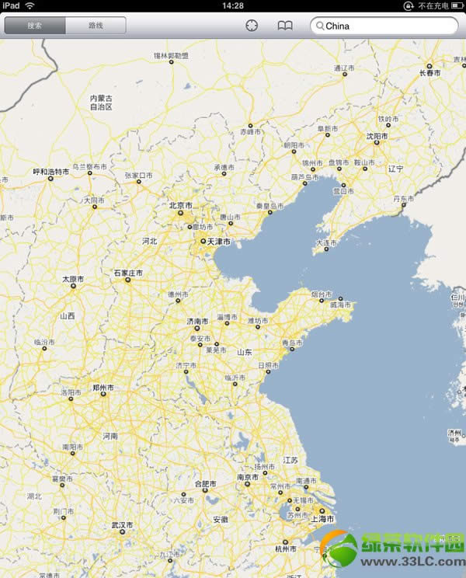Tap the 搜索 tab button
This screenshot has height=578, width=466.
(35, 26)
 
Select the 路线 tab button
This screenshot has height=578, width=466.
(96, 26)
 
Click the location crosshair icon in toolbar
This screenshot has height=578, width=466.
(252, 26)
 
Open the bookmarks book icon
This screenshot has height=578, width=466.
(285, 26)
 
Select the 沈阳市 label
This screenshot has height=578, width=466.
(377, 136)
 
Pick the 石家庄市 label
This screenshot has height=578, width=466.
(129, 273)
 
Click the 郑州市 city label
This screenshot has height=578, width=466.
(103, 387)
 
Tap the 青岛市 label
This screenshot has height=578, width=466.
(291, 343)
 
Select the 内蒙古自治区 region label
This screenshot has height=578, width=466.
(101, 103)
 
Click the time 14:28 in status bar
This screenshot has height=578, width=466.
(232, 5)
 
